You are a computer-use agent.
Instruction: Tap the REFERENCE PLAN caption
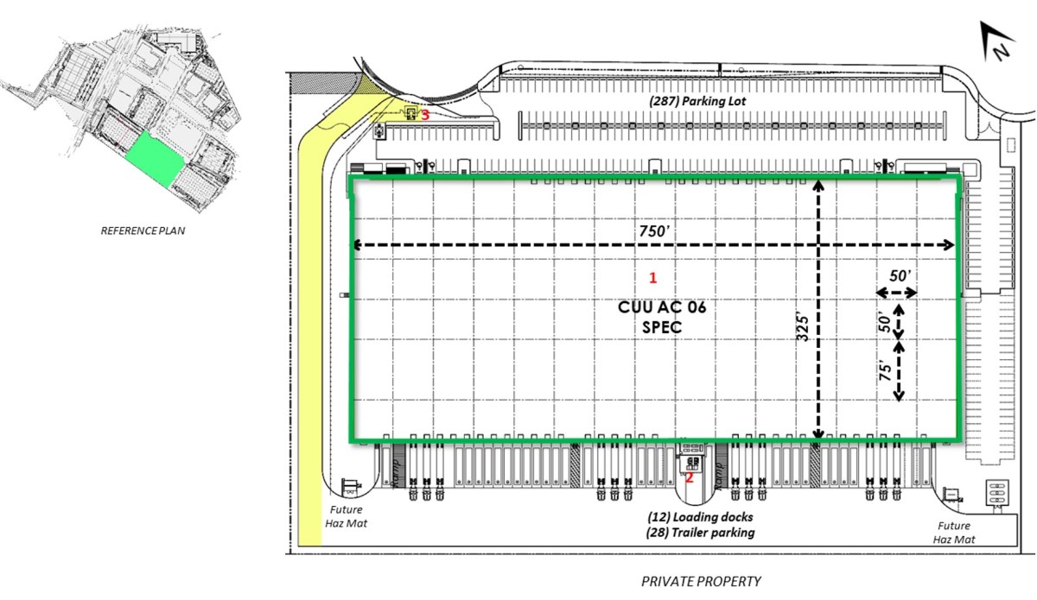[143, 231]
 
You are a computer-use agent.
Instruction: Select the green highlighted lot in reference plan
[156, 161]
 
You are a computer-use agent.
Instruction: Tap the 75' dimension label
[884, 372]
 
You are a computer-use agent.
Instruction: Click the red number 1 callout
[653, 278]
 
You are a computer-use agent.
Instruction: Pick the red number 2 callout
[690, 477]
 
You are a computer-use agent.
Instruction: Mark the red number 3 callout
[424, 113]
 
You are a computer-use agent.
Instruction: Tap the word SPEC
[662, 327]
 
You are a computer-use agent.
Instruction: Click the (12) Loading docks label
[701, 517]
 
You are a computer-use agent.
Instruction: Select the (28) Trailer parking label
[701, 533]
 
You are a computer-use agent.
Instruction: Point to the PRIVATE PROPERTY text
[701, 581]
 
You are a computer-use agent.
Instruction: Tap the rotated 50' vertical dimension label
[884, 322]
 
